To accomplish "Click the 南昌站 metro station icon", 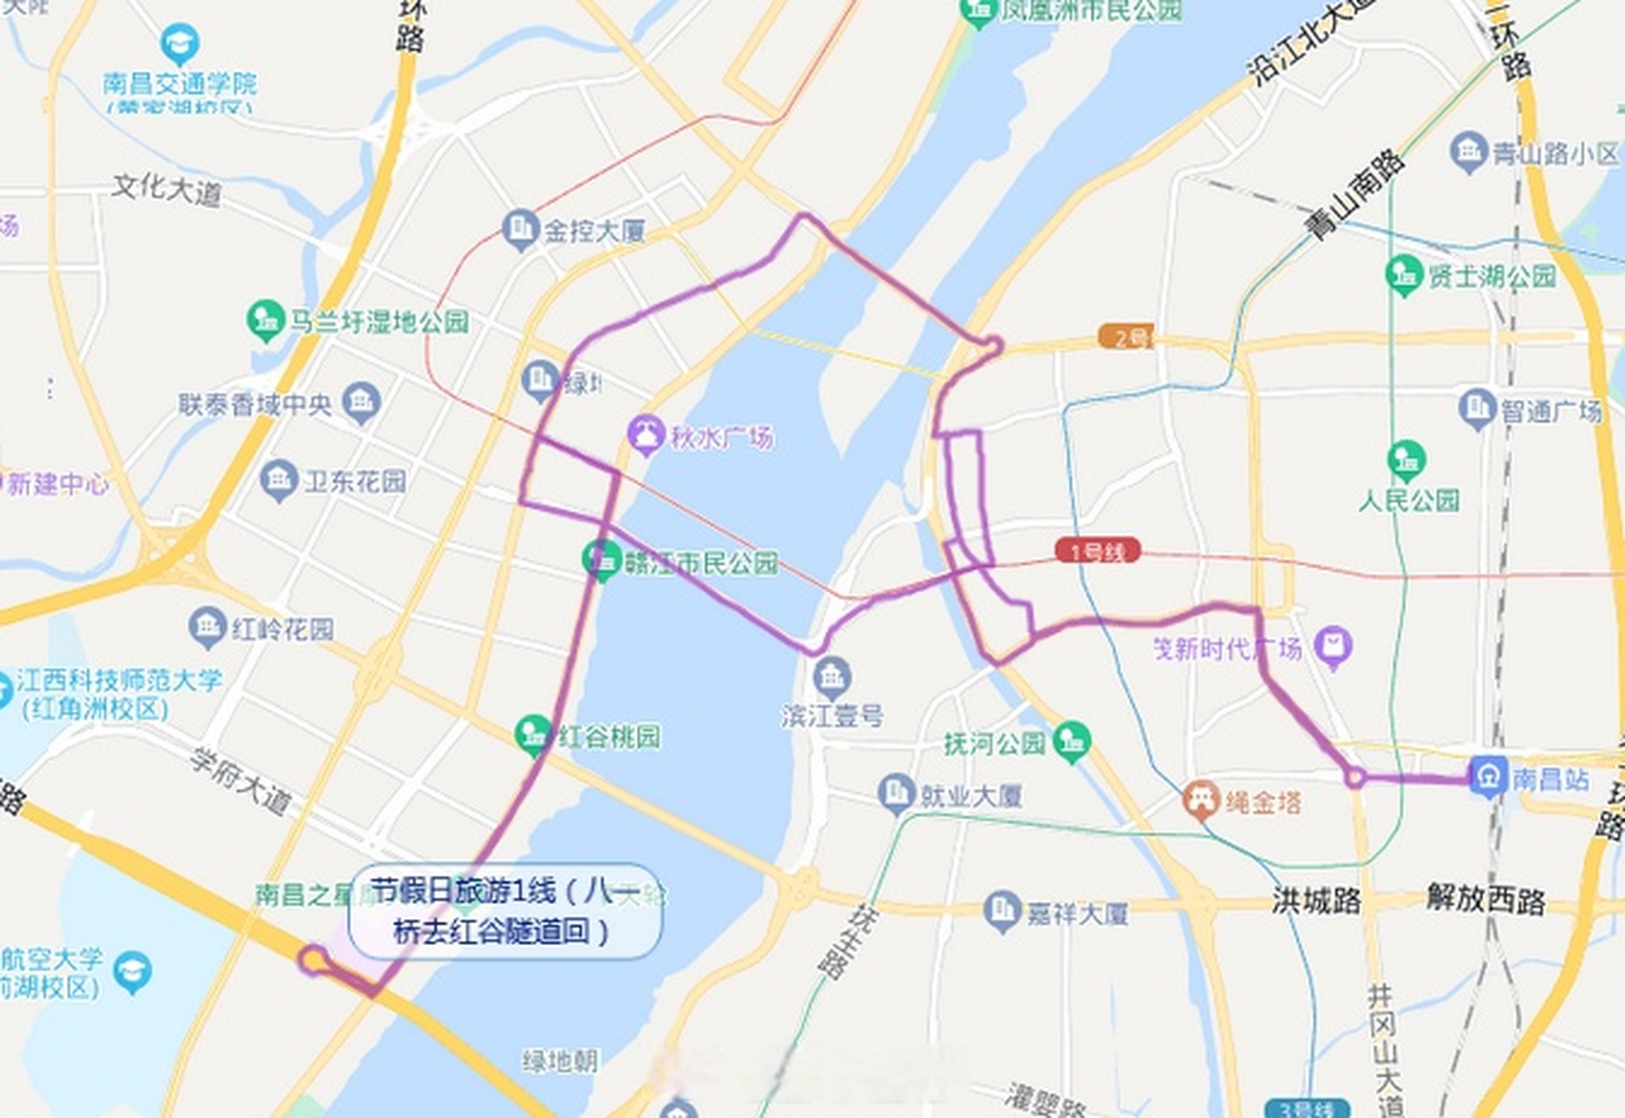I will coord(1488,776).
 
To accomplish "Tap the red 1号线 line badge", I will coord(1097,551).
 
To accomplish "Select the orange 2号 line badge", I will coord(1126,336).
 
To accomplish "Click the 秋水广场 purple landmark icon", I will coord(646,435).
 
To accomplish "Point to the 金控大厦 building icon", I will coord(520,230).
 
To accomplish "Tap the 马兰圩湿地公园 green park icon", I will coord(265,320).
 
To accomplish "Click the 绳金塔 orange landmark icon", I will coord(1202,799).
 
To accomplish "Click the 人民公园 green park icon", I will coord(1406,460).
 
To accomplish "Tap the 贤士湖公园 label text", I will coord(1491,277).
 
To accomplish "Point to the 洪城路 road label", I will coord(1316,900).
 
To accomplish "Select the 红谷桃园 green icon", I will coord(533,735).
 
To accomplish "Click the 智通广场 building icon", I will coord(1477,409).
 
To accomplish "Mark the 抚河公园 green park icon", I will coord(1071,742).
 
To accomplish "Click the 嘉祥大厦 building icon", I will coord(1002,912).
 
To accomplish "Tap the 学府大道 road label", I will coord(241,782).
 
